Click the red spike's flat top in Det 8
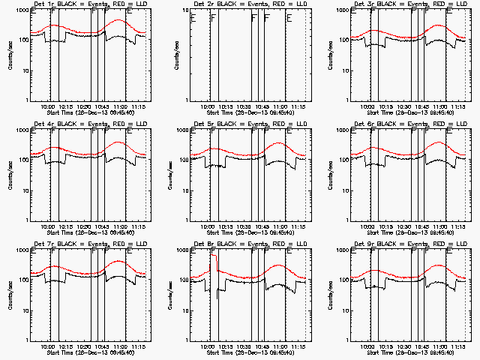tap(214, 256)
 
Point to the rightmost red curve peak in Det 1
tap(118, 20)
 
